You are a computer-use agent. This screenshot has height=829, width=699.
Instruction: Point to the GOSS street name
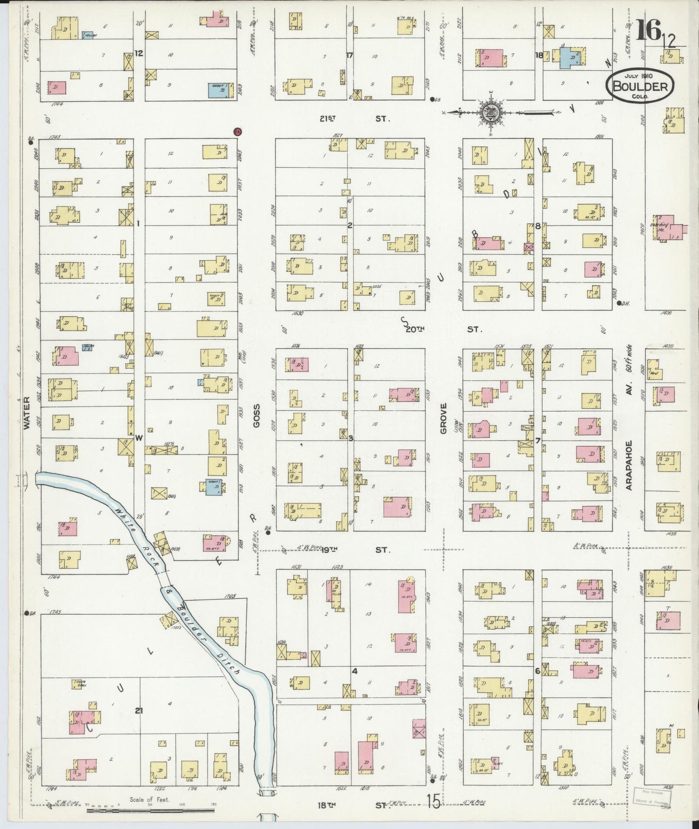click(x=256, y=415)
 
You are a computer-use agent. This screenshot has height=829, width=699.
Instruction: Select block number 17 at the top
click(x=350, y=55)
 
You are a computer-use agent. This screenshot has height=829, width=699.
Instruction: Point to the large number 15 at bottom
click(x=433, y=802)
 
